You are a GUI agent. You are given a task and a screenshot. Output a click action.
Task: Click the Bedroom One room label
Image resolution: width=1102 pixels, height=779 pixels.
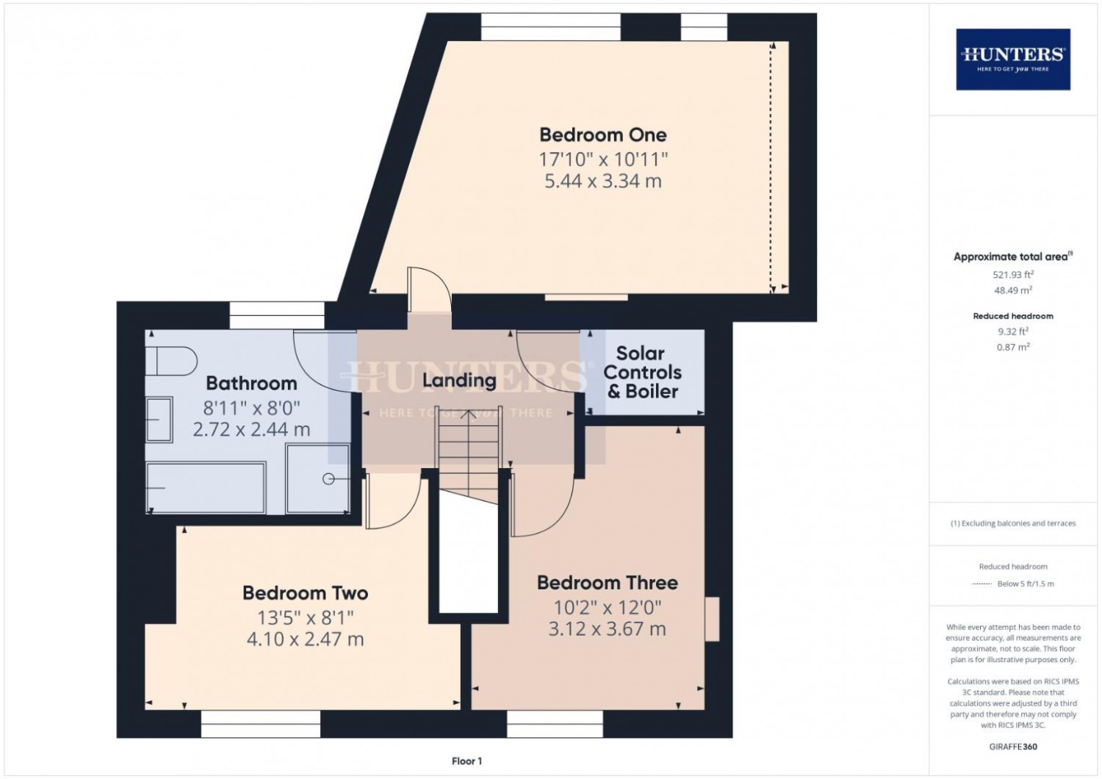[x=602, y=134]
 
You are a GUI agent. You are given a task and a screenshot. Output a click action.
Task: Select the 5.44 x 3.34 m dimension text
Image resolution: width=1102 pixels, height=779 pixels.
[x=602, y=181]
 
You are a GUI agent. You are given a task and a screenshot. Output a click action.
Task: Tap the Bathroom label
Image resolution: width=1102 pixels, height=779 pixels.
[x=251, y=383]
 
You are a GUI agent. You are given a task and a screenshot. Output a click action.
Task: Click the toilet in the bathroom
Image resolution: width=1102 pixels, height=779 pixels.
[x=170, y=362]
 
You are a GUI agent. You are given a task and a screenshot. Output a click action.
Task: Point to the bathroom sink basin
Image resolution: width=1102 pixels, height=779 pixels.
[x=159, y=420]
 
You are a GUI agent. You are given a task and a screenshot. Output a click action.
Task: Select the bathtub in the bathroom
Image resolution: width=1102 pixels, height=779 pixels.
[x=206, y=487]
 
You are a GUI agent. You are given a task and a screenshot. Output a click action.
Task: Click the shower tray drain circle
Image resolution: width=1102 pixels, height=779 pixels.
[x=328, y=479]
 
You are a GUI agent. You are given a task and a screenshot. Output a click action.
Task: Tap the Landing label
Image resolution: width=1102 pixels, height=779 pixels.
[x=458, y=380]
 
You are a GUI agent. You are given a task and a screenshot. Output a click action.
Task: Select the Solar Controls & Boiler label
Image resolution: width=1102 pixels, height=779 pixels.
[x=642, y=373]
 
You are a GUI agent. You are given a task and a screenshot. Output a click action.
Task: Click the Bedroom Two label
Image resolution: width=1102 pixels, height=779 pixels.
[x=305, y=592]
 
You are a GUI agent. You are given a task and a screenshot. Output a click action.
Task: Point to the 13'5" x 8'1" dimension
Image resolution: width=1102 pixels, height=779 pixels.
[x=305, y=617]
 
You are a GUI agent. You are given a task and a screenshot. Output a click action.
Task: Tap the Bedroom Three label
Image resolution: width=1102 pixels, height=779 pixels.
[x=607, y=583]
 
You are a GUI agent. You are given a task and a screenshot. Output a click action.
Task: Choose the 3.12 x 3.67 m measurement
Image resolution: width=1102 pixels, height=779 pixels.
[x=607, y=629]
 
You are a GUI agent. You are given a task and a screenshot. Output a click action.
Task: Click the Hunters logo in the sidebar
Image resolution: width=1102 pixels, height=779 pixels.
[x=1012, y=59]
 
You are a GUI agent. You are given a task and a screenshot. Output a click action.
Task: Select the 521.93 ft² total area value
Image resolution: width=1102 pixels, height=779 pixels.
[x=1012, y=274]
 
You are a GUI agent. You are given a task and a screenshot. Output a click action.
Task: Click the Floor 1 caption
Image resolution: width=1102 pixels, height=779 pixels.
[x=467, y=761]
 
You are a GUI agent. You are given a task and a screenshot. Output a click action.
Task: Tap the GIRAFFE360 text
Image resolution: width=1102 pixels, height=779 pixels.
[x=1012, y=747]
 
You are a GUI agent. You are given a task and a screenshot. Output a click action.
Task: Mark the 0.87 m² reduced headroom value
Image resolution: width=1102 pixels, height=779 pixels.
[x=1012, y=347]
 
